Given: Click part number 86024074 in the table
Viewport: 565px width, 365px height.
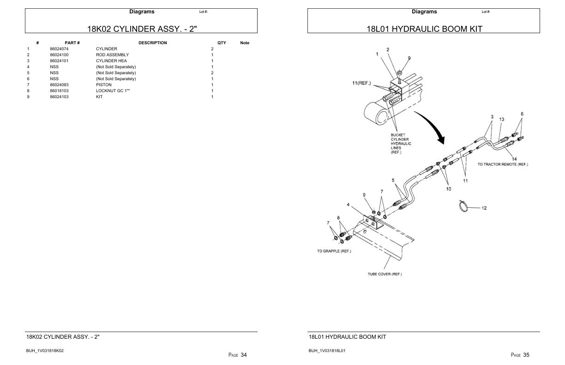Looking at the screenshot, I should click(59, 49).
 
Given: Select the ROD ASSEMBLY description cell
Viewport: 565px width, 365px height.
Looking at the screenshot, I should click(112, 55).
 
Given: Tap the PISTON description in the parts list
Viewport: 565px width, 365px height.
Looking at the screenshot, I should click(104, 85).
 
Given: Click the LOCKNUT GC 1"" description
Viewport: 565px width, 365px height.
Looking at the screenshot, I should click(113, 91).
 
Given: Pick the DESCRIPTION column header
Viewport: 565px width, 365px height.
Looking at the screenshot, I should click(152, 43).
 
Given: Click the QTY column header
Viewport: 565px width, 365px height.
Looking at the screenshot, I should click(222, 43).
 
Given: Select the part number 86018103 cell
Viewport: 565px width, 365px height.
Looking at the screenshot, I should click(59, 91).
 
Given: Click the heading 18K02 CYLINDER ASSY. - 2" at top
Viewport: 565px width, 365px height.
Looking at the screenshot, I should click(142, 29).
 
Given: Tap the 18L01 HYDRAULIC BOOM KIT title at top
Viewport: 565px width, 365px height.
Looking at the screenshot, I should click(424, 29).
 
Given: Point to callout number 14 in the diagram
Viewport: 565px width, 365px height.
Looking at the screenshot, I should click(514, 159).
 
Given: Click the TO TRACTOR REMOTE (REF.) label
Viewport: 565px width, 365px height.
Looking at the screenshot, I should click(503, 165).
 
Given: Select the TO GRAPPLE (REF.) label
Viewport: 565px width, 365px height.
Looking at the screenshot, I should click(334, 251).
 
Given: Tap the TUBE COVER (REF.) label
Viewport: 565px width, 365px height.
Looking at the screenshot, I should click(385, 274).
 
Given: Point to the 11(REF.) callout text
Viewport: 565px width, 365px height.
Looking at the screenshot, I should click(361, 83).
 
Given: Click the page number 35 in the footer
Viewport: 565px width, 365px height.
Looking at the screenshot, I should click(526, 355).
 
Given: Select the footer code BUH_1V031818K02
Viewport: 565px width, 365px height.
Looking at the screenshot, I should click(45, 351).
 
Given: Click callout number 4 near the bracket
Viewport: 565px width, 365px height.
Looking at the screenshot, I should click(349, 205).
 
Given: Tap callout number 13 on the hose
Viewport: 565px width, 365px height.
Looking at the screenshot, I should click(502, 119).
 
